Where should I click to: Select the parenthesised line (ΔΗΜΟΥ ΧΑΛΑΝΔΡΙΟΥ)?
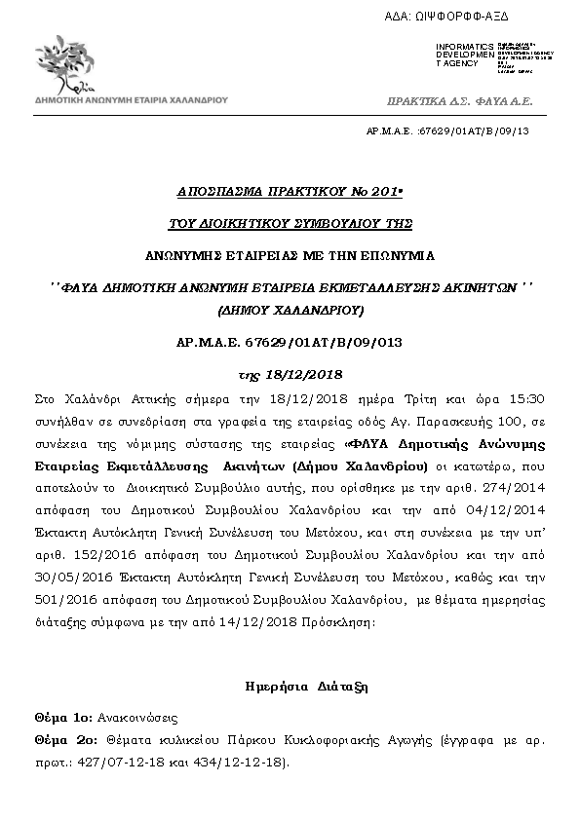point(290,312)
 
